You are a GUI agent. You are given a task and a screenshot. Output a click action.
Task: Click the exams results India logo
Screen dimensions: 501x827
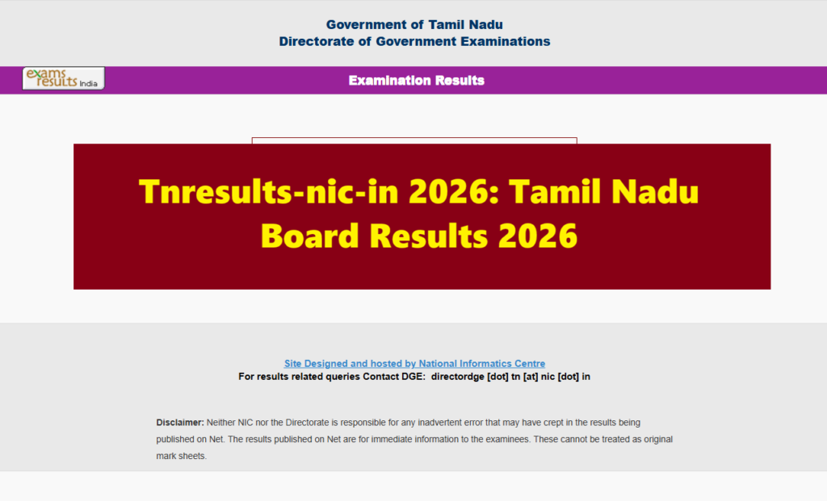tap(63, 78)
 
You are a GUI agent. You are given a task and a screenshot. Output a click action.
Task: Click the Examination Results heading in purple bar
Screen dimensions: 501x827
tap(416, 81)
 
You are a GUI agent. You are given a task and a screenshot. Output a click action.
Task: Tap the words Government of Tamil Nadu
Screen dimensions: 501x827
tap(414, 25)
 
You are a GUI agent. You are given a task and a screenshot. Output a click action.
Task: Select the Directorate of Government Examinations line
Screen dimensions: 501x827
tap(414, 41)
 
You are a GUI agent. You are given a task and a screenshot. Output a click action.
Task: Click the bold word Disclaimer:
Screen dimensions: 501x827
tap(180, 423)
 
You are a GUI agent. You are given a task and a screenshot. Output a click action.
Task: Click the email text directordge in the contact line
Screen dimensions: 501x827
tap(457, 376)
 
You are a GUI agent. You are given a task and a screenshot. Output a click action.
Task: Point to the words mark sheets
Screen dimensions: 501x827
tap(182, 456)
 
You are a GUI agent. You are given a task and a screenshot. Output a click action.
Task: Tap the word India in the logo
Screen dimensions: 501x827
tap(90, 83)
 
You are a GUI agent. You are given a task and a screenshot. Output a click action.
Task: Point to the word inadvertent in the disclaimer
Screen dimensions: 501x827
tap(433, 423)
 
